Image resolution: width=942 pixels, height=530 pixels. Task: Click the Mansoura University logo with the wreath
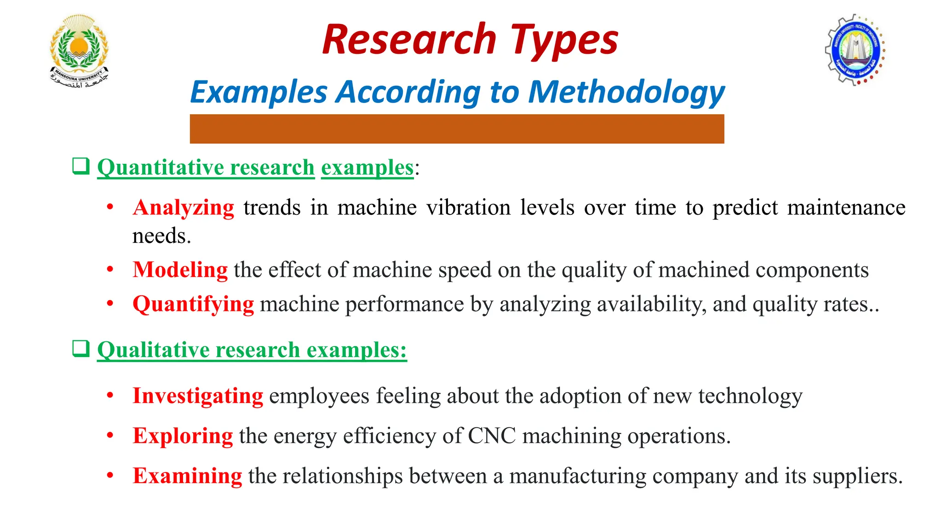(x=79, y=51)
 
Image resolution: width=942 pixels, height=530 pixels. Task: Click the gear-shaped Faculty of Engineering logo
(x=855, y=50)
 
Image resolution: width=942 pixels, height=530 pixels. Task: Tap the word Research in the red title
(x=409, y=40)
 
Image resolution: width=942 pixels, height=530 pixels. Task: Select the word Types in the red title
(x=564, y=40)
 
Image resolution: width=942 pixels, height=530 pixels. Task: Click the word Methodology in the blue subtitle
(x=626, y=92)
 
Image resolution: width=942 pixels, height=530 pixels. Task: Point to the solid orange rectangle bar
(x=457, y=129)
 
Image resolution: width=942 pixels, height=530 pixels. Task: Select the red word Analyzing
(x=184, y=207)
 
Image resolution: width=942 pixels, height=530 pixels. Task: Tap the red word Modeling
(x=180, y=270)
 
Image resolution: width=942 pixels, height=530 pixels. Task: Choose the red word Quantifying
(x=193, y=304)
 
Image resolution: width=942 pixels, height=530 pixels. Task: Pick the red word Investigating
(x=198, y=396)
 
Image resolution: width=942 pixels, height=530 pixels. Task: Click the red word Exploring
(x=183, y=436)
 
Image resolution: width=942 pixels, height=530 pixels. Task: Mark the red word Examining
(x=187, y=476)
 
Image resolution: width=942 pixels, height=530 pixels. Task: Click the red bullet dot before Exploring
(x=110, y=435)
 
